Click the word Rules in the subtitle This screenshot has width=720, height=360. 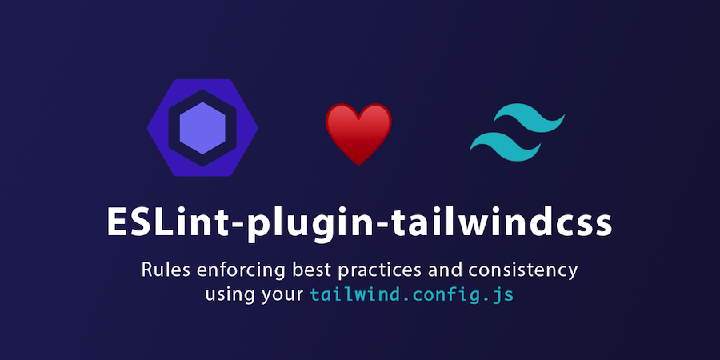click(x=165, y=270)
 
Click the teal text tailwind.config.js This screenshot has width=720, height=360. click(x=412, y=294)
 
